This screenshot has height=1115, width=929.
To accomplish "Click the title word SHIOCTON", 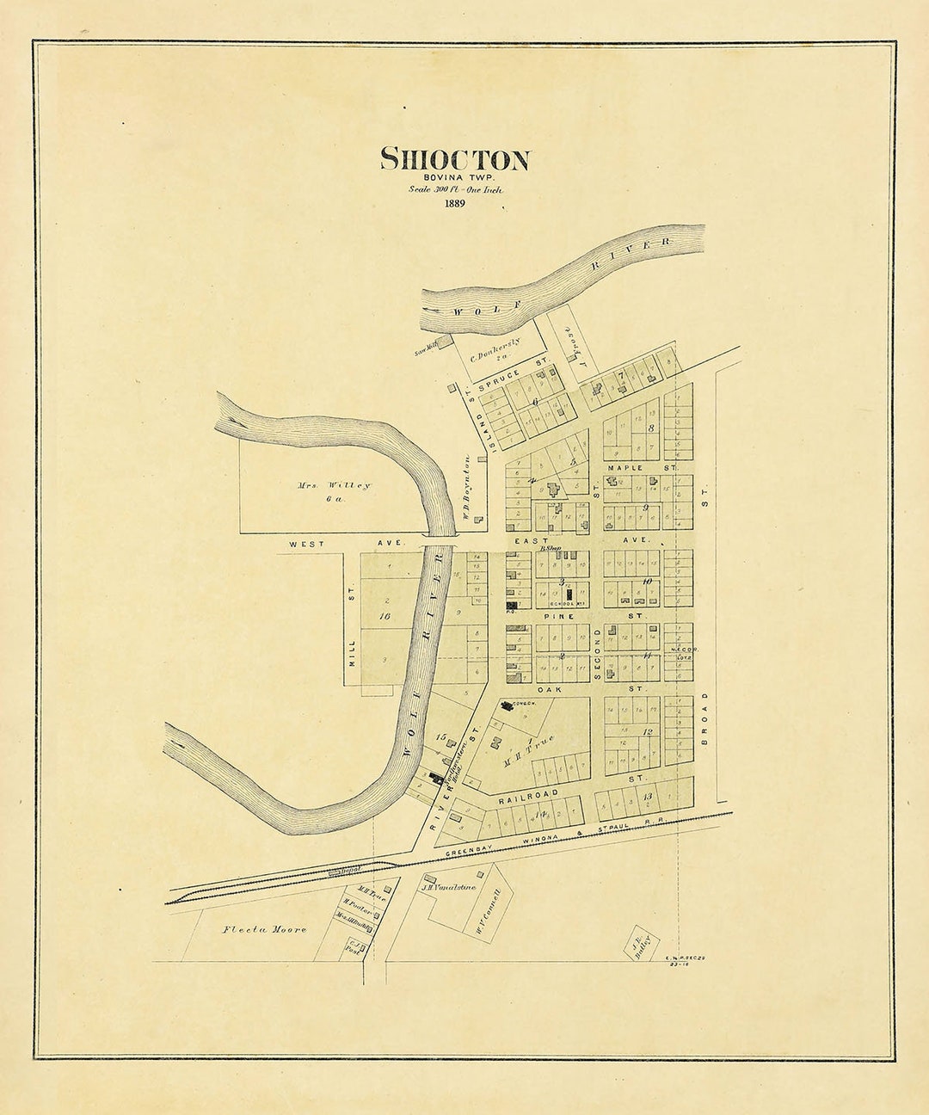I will tap(455, 160).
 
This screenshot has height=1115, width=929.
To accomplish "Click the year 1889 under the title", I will tap(455, 204).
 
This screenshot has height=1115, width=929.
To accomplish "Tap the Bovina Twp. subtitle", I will tap(455, 177).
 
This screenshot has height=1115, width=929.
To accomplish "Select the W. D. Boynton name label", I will tap(464, 489).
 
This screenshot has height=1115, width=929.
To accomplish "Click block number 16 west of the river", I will tap(385, 616).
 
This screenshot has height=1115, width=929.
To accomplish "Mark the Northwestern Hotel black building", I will tap(436, 779).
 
